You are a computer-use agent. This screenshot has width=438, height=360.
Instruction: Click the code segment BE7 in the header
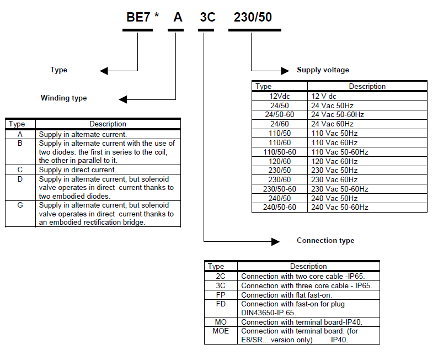(x=138, y=17)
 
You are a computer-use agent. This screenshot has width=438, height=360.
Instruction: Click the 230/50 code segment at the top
(x=253, y=17)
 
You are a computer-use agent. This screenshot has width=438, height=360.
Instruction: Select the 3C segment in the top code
(x=207, y=17)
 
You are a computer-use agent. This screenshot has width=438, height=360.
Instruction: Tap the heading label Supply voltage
(x=323, y=70)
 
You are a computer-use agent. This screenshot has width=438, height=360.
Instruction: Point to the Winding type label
(x=63, y=98)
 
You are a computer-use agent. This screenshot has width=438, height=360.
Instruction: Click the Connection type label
(x=325, y=241)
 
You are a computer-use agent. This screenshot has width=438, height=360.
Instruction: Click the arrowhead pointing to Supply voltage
(x=285, y=71)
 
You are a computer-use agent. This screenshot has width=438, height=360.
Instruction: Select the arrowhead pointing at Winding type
(x=123, y=99)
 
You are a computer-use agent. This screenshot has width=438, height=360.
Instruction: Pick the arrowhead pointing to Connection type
(x=275, y=241)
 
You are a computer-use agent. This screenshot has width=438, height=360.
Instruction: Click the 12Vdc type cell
(x=280, y=96)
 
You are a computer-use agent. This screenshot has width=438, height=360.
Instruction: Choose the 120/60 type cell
(x=280, y=161)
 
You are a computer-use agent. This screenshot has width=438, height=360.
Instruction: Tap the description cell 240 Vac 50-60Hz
(x=339, y=208)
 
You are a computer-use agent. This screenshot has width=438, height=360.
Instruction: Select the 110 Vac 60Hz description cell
(x=334, y=142)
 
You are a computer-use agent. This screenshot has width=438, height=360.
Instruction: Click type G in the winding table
(x=20, y=205)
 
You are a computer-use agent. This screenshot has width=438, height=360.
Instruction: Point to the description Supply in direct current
(x=77, y=170)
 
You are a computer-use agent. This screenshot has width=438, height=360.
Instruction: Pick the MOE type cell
(x=221, y=331)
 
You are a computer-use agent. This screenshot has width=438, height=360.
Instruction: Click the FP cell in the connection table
(x=221, y=295)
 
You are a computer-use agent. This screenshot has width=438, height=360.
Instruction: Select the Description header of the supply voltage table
(x=367, y=86)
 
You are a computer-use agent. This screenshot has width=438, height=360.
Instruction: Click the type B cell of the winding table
(x=20, y=144)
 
